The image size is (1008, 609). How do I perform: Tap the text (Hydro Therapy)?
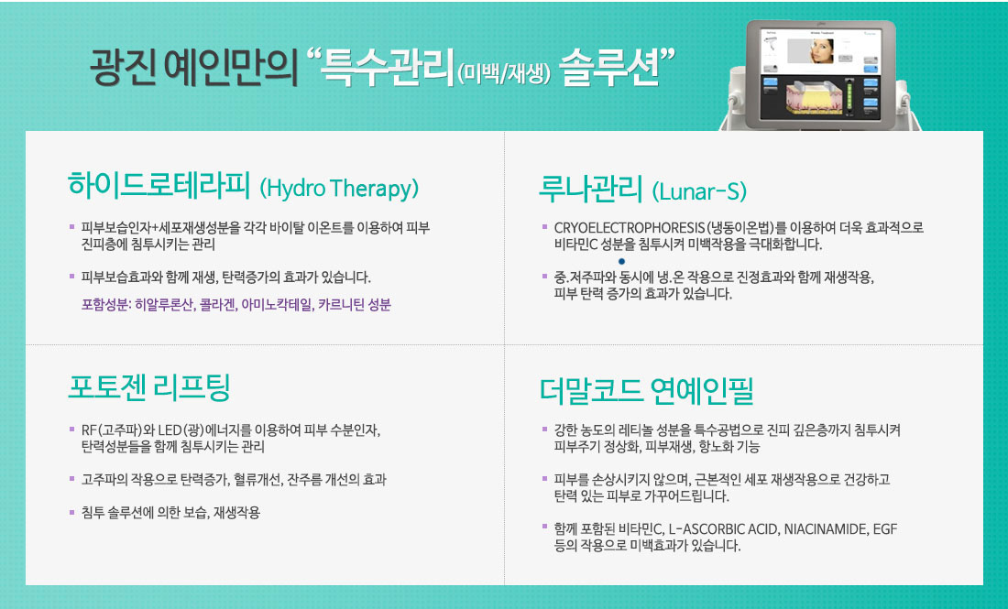pyautogui.click(x=339, y=189)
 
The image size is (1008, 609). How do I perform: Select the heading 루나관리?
pyautogui.click(x=590, y=188)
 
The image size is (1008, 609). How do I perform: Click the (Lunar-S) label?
pyautogui.click(x=699, y=190)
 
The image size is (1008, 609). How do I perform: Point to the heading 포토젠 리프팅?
pyautogui.click(x=149, y=386)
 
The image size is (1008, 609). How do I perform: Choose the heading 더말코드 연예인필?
pyautogui.click(x=646, y=390)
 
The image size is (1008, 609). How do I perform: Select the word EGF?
pyautogui.click(x=885, y=529)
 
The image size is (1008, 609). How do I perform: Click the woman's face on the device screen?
pyautogui.click(x=822, y=50)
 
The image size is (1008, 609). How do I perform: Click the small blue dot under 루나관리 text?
pyautogui.click(x=621, y=262)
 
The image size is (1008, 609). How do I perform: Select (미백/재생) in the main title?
pyautogui.click(x=505, y=74)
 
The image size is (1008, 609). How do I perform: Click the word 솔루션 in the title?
pyautogui.click(x=609, y=66)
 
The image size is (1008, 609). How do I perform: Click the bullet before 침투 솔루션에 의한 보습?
pyautogui.click(x=72, y=512)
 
